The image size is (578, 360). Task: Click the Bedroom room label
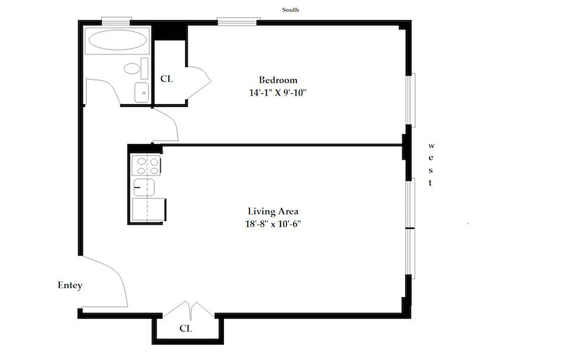[x=278, y=80]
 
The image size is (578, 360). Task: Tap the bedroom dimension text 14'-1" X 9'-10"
[x=278, y=93]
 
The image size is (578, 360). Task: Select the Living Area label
[x=273, y=211]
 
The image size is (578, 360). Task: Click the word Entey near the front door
[x=70, y=285]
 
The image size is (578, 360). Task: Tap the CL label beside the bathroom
[x=166, y=79]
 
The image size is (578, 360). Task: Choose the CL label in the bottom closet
[x=186, y=328]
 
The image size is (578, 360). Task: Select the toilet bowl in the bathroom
[x=133, y=69]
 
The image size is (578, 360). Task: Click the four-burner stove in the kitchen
[x=146, y=165]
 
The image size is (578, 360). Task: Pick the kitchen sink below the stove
[x=144, y=186]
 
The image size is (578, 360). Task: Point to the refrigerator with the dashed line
[x=148, y=210]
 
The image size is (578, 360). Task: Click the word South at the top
[x=290, y=9]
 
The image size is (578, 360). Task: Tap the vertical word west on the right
[x=431, y=164]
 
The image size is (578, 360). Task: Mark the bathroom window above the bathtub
[x=116, y=20]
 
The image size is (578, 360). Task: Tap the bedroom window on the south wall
[x=238, y=21]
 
